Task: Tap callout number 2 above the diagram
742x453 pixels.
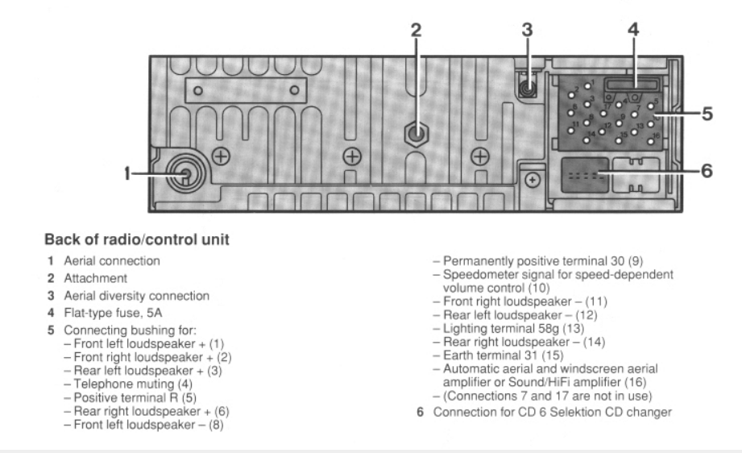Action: pos(416,31)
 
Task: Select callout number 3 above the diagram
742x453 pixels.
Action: pos(527,31)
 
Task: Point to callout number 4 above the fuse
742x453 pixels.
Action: pos(632,31)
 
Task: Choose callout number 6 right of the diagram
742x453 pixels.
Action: pos(707,172)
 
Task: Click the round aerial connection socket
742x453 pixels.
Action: pos(184,173)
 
